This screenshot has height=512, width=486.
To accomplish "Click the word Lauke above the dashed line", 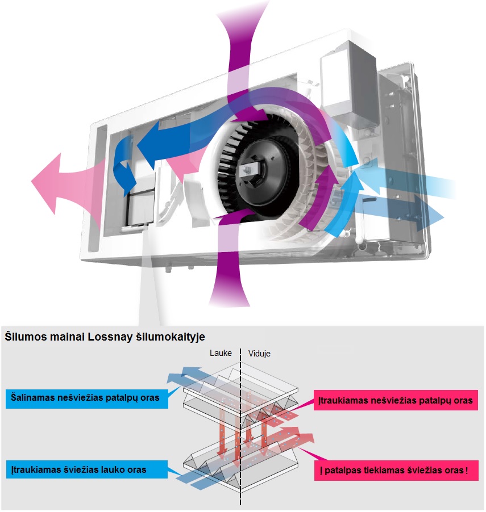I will (221, 352).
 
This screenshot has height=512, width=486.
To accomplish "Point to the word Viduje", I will (259, 353).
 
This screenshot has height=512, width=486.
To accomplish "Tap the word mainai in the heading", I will (67, 336).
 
